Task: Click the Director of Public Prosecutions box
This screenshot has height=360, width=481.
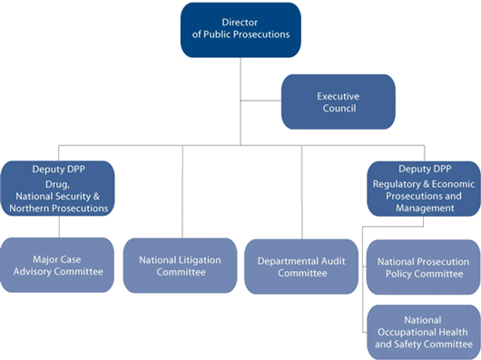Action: (x=240, y=29)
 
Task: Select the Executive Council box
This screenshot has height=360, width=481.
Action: (x=338, y=102)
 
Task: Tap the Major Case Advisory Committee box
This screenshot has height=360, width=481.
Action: (x=56, y=265)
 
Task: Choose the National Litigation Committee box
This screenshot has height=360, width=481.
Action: (x=180, y=265)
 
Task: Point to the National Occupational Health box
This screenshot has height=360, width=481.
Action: (x=422, y=332)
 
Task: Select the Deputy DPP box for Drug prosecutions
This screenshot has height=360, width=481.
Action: (x=56, y=188)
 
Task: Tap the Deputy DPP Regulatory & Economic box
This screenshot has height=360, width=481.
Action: (x=422, y=188)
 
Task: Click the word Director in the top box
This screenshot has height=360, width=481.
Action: (x=240, y=22)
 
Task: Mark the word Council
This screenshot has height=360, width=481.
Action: (x=337, y=109)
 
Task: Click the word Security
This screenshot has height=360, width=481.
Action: (x=89, y=196)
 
